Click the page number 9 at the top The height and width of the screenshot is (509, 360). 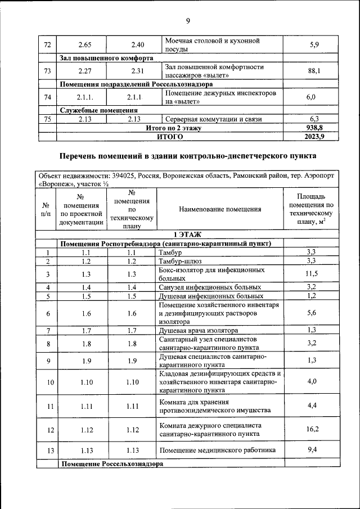click(188, 21)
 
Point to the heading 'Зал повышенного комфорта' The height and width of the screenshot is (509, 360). click(106, 58)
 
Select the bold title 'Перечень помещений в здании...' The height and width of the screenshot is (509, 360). click(188, 155)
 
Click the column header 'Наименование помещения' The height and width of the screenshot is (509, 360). click(220, 209)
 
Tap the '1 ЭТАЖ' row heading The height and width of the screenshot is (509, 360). click(188, 235)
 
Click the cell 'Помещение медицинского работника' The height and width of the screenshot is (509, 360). click(217, 451)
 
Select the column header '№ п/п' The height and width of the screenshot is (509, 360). click(46, 209)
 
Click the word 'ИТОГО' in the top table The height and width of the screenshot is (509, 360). click(169, 136)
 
